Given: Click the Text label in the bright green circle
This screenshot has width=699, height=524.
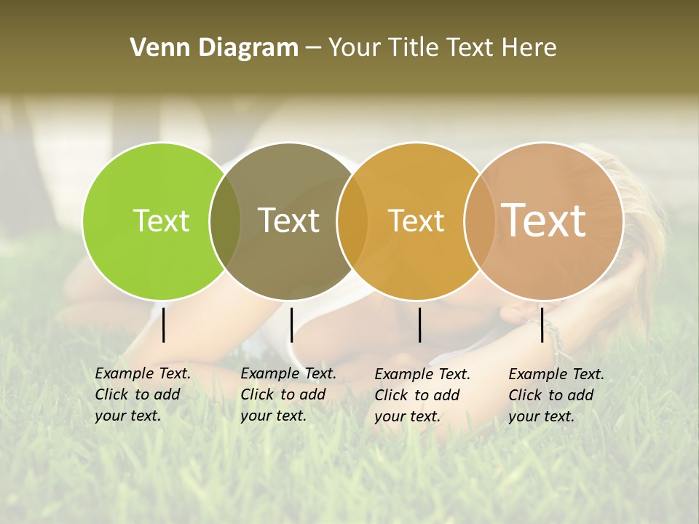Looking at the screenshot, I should tap(161, 221).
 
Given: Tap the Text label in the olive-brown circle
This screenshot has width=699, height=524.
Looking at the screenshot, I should tap(288, 221).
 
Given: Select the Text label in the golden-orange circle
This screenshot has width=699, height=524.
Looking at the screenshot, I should tap(416, 221).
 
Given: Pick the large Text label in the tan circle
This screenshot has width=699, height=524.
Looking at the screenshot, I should tap(543, 220).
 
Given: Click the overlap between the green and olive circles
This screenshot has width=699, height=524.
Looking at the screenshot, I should tap(225, 221).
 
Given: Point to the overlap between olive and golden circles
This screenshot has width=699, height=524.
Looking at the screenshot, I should tap(352, 221).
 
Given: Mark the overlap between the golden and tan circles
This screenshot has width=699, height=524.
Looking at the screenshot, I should tap(479, 221).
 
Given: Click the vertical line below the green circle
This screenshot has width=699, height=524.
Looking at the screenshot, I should tap(164, 325).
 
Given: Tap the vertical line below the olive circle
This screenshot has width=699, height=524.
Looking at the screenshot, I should tap(291, 325).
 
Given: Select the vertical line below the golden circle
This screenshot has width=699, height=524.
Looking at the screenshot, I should tap(419, 325).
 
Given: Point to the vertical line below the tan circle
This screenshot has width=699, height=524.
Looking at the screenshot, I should tap(542, 325).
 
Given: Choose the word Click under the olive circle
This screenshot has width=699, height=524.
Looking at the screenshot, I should tap(257, 394).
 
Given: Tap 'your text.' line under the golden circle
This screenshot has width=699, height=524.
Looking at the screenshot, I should tap(407, 416).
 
